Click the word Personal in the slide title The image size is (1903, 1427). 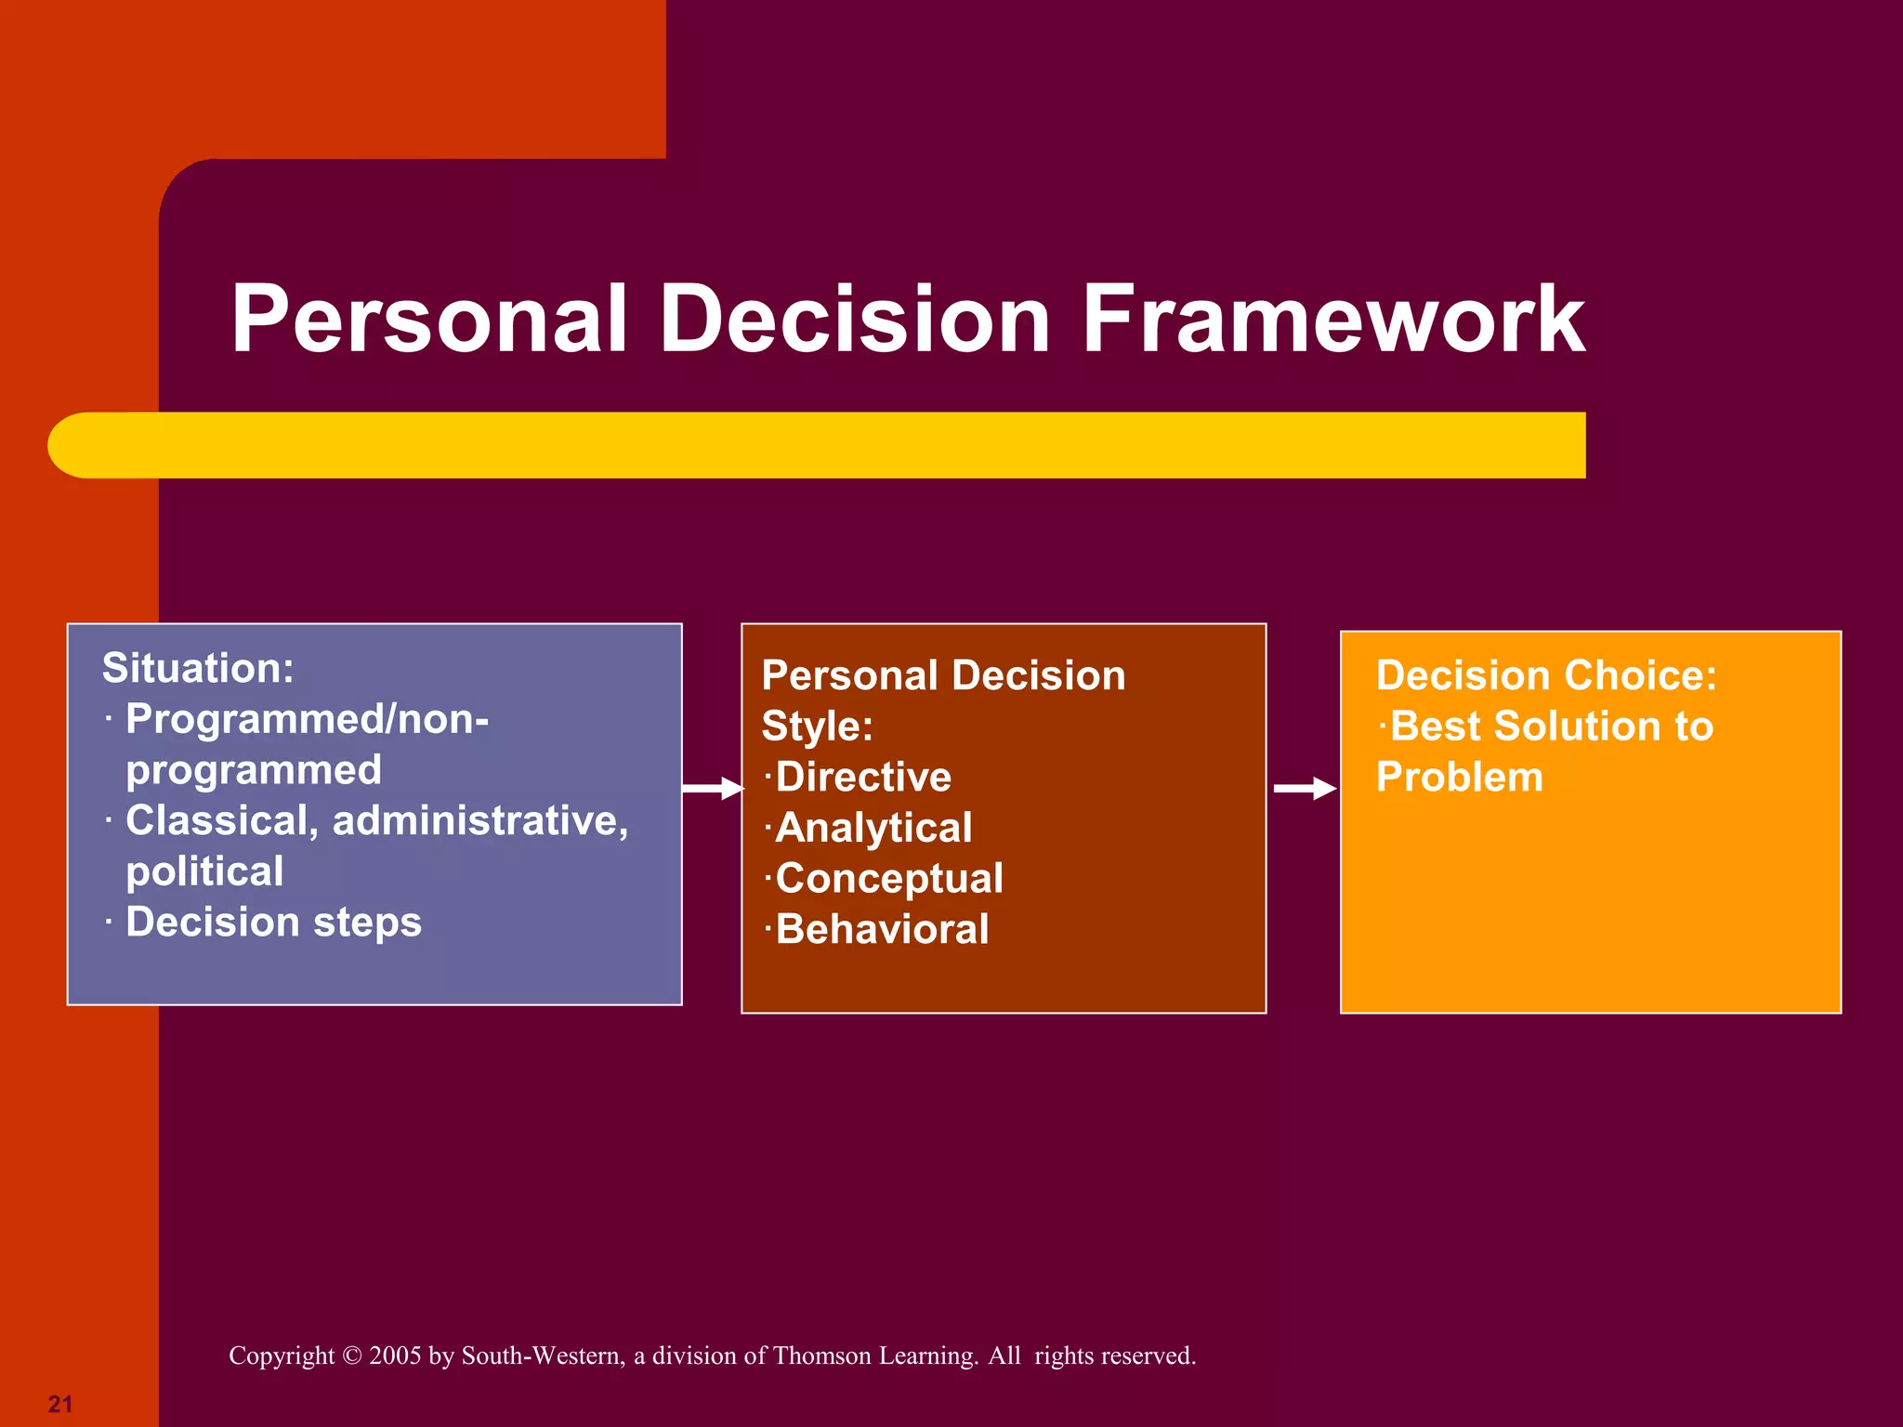pyautogui.click(x=429, y=321)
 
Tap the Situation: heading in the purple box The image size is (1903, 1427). pyautogui.click(x=198, y=669)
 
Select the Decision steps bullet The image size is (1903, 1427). pyautogui.click(x=273, y=923)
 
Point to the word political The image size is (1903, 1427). pyautogui.click(x=204, y=872)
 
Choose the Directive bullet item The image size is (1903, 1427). pyautogui.click(x=862, y=778)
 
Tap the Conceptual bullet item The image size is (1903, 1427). pyautogui.click(x=888, y=879)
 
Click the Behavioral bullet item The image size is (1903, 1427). pyautogui.click(x=881, y=930)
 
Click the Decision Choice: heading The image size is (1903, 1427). pyautogui.click(x=1545, y=675)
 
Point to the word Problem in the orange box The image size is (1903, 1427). pyautogui.click(x=1459, y=778)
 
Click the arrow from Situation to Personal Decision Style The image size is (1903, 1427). pyautogui.click(x=713, y=789)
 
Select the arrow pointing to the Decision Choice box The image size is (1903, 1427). pyautogui.click(x=1304, y=789)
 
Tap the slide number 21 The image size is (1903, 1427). pyautogui.click(x=60, y=1404)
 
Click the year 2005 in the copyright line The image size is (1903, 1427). pyautogui.click(x=395, y=1356)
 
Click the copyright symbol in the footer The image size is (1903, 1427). pyautogui.click(x=351, y=1356)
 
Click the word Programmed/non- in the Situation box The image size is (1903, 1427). pyautogui.click(x=307, y=720)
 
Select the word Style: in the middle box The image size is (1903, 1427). pyautogui.click(x=817, y=727)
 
